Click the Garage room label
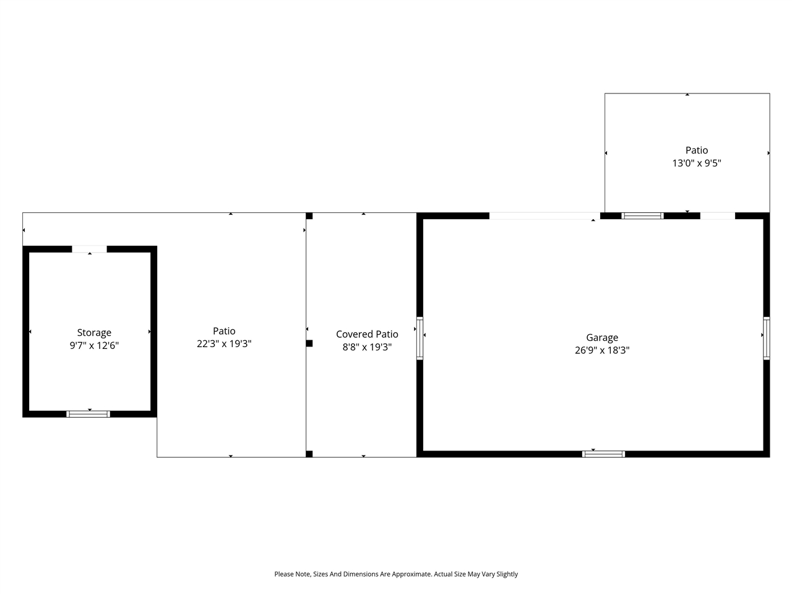(x=602, y=337)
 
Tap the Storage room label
(x=94, y=333)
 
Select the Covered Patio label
(x=367, y=334)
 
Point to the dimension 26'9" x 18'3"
(x=602, y=350)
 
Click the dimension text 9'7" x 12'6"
(x=94, y=345)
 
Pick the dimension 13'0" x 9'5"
(x=697, y=163)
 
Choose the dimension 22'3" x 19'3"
(x=224, y=343)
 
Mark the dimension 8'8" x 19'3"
(x=367, y=347)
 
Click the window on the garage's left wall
(x=420, y=338)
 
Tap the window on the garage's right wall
(x=766, y=338)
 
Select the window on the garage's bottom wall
(x=604, y=454)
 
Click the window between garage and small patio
(x=642, y=216)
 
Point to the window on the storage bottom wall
(x=88, y=414)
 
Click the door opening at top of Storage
(x=90, y=249)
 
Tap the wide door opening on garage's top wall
(x=544, y=216)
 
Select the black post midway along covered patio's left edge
(x=309, y=343)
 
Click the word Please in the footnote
(x=285, y=574)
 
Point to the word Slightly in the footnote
(x=506, y=574)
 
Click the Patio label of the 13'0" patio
(x=697, y=150)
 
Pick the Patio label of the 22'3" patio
(x=224, y=331)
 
